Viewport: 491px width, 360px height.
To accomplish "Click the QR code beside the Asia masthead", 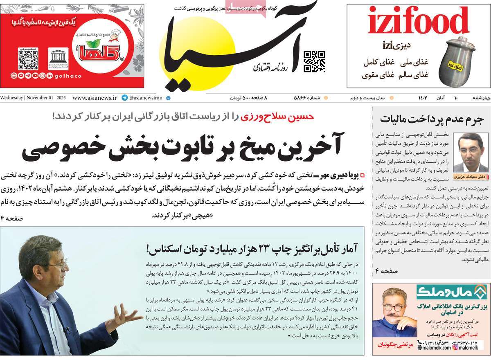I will tap(314, 61).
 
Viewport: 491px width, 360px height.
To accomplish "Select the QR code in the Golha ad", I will tap(28, 60).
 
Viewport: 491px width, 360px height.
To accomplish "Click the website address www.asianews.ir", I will tap(95, 98).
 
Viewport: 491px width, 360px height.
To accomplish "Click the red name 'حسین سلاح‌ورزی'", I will tap(279, 117).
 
